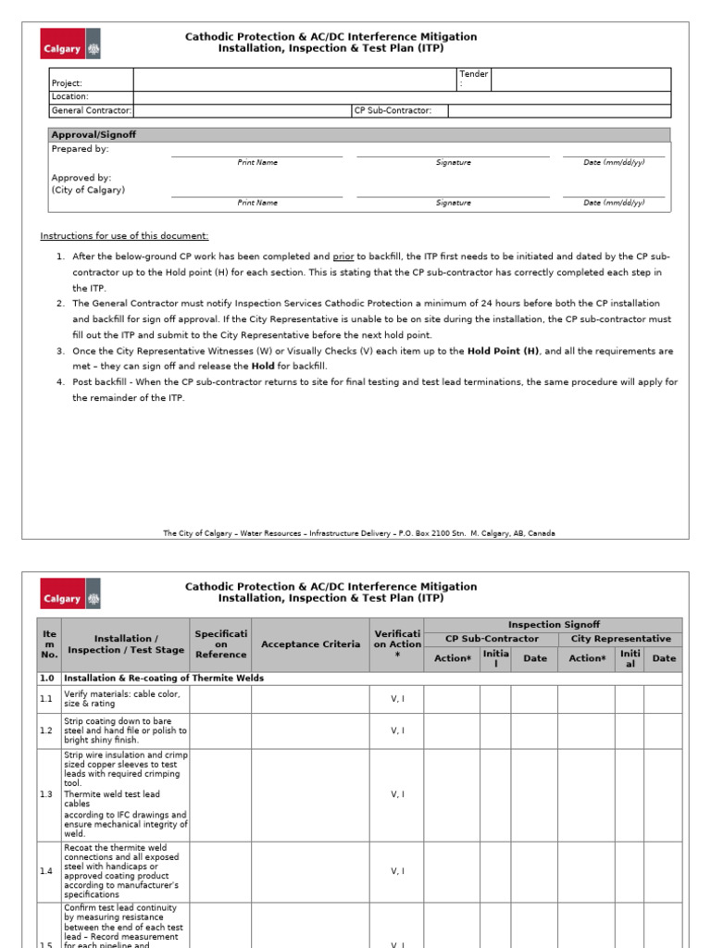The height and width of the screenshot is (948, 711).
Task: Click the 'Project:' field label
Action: coord(68,83)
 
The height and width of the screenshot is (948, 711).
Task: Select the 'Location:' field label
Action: coord(70,96)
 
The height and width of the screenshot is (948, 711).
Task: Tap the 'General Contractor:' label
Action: coord(92,110)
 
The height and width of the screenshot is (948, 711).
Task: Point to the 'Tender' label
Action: coord(473,74)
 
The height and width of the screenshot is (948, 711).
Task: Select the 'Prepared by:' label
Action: coord(80,148)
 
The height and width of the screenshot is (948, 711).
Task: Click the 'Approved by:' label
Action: coord(81,177)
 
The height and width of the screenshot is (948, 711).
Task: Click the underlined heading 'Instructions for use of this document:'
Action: coord(124,236)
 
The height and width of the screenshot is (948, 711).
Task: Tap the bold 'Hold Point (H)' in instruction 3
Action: coord(503,352)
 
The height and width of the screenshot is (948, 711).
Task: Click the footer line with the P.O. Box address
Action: coord(359,533)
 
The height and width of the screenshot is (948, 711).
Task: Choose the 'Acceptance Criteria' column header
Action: coord(310,644)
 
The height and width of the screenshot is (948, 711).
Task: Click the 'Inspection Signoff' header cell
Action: coord(553,625)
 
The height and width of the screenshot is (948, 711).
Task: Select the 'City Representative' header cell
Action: coord(620,639)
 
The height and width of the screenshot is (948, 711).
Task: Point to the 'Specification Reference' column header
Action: coord(220,644)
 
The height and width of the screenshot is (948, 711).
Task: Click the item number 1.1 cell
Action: coord(47,699)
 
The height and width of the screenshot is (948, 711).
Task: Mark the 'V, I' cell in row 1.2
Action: coord(397,730)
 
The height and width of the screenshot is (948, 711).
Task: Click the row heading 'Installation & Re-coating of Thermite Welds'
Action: coord(164,678)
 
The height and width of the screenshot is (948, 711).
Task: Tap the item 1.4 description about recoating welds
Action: coord(124,871)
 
